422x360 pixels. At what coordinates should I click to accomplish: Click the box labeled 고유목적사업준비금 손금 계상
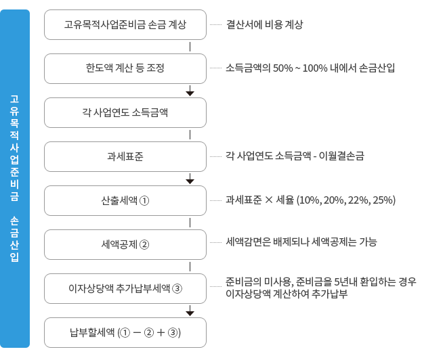pyautogui.click(x=125, y=25)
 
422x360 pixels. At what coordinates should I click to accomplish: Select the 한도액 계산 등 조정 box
pyautogui.click(x=125, y=68)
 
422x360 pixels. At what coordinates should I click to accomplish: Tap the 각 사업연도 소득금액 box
pyautogui.click(x=125, y=112)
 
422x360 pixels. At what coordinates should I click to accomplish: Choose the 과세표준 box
pyautogui.click(x=125, y=156)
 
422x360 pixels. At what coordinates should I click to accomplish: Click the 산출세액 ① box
pyautogui.click(x=125, y=200)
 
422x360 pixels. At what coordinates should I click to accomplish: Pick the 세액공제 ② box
pyautogui.click(x=125, y=244)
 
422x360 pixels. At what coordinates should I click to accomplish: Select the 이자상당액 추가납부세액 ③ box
pyautogui.click(x=125, y=288)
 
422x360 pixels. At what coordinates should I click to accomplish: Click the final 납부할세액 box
pyautogui.click(x=125, y=332)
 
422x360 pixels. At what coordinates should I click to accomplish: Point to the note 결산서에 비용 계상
pyautogui.click(x=265, y=25)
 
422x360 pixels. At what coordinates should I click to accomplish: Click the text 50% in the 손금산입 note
pyautogui.click(x=282, y=68)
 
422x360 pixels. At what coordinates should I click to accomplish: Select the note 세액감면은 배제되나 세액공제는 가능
pyautogui.click(x=301, y=242)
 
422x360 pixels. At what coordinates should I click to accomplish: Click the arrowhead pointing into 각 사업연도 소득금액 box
pyautogui.click(x=190, y=93)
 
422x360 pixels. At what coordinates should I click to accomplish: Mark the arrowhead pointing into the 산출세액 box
pyautogui.click(x=190, y=181)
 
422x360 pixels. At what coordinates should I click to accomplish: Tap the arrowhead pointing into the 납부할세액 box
pyautogui.click(x=190, y=313)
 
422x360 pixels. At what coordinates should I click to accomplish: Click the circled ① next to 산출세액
pyautogui.click(x=144, y=201)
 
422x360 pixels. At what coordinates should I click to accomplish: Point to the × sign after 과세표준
pyautogui.click(x=269, y=200)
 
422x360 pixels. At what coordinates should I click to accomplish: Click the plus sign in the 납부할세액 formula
pyautogui.click(x=161, y=333)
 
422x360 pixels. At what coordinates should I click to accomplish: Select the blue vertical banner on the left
pyautogui.click(x=15, y=179)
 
